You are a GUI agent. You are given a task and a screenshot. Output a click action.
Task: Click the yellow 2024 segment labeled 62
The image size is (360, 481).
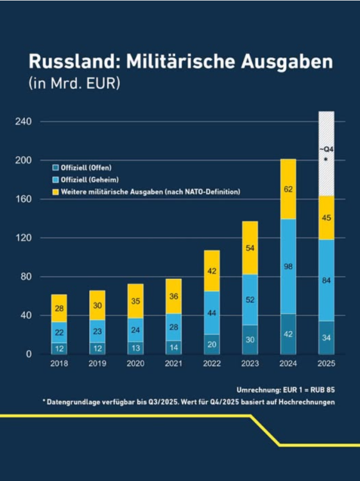click(288, 189)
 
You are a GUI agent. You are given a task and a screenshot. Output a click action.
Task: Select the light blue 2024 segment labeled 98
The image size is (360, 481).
click(288, 266)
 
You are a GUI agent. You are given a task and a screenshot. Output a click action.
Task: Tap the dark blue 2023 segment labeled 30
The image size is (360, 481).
click(250, 339)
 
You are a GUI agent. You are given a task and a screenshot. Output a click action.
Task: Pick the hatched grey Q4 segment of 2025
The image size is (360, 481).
click(326, 153)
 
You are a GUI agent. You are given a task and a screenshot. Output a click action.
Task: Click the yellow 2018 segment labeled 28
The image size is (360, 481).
click(59, 308)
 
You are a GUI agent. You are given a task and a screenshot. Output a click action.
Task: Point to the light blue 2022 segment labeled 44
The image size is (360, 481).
click(212, 312)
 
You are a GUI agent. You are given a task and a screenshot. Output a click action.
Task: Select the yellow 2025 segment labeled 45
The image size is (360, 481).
click(326, 217)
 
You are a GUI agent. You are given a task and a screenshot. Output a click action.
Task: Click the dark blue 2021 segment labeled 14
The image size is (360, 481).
click(173, 348)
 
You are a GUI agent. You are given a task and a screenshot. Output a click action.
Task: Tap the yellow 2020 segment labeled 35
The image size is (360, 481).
click(135, 301)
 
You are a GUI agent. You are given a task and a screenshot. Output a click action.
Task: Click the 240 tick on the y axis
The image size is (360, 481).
click(23, 121)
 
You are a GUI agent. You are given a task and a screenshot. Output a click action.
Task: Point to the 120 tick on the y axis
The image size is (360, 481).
click(23, 238)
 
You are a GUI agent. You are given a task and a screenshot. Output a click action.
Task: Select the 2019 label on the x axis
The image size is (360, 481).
click(98, 364)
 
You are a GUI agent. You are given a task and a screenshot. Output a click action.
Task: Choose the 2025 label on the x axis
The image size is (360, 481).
click(326, 364)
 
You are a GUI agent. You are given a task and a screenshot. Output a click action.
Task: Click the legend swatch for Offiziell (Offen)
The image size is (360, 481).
click(56, 167)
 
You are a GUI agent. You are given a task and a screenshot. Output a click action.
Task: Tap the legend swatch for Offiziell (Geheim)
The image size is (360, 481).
click(56, 180)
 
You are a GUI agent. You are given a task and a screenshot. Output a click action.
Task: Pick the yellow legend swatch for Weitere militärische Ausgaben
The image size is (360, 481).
click(56, 192)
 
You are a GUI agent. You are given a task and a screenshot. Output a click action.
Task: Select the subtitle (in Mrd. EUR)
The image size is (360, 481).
click(74, 83)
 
